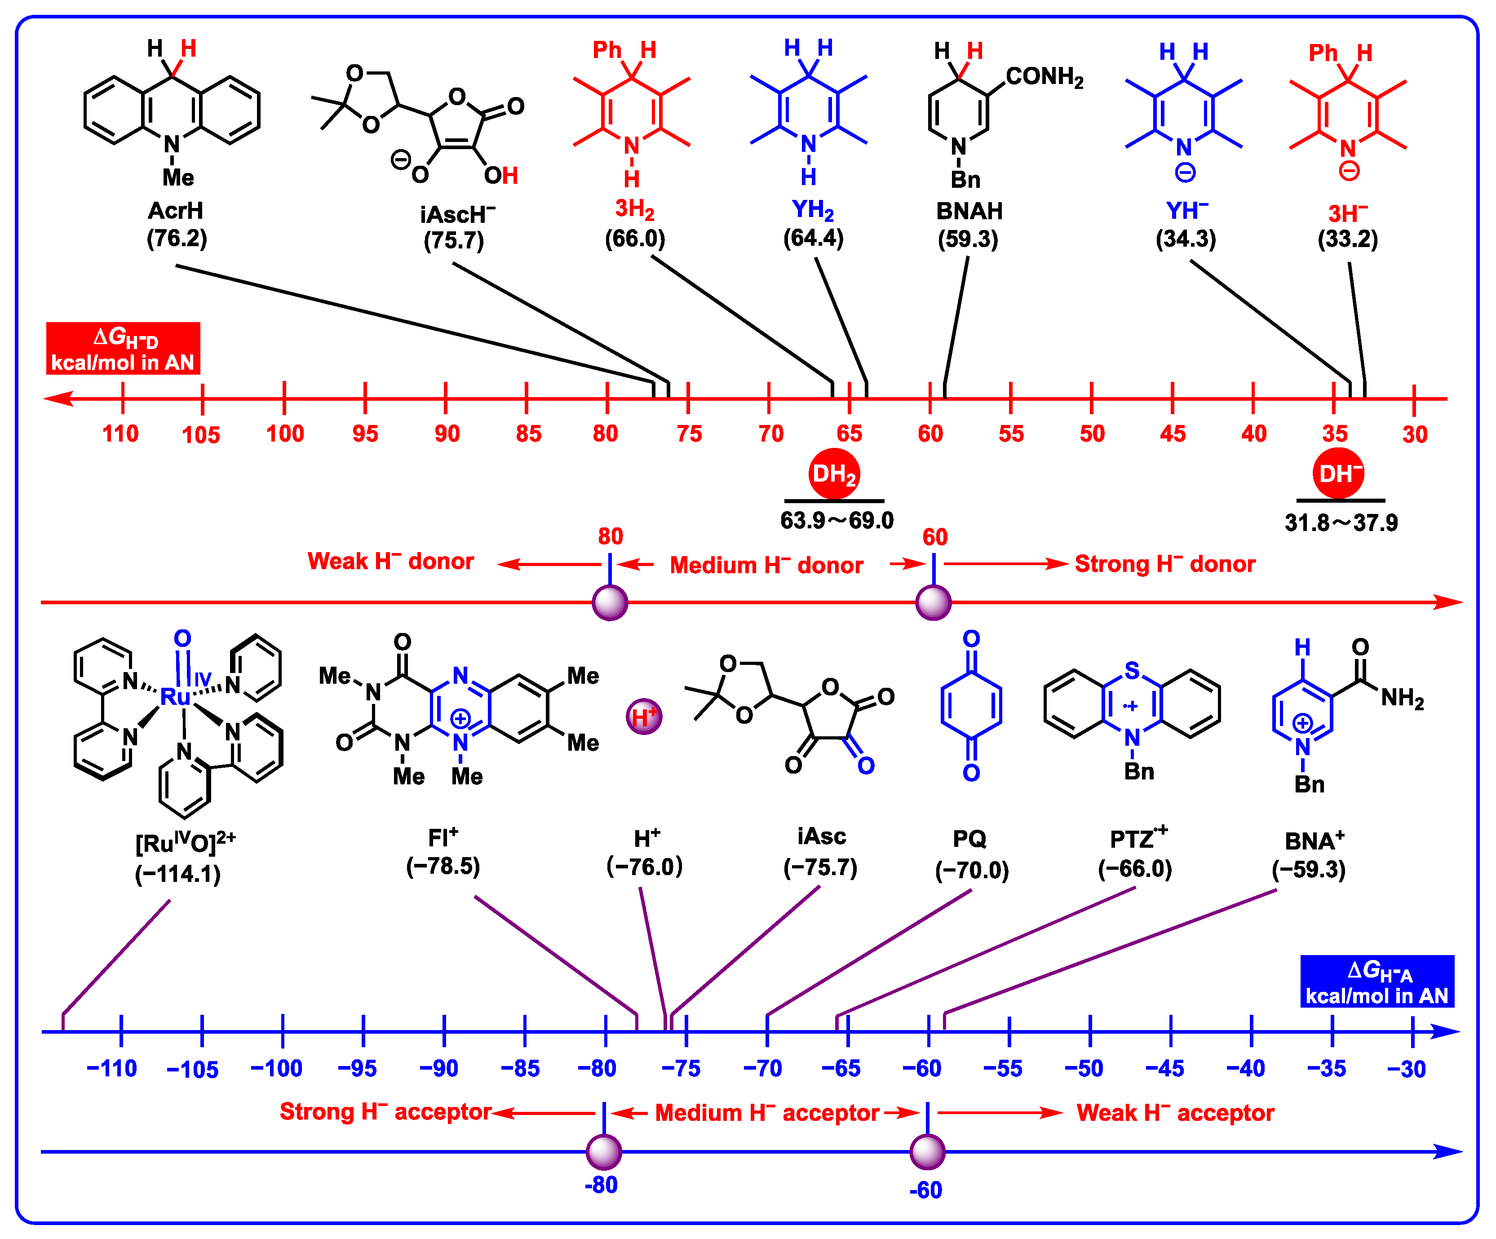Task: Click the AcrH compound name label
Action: click(x=175, y=211)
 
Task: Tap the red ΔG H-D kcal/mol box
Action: click(x=123, y=349)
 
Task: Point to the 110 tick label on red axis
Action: click(x=120, y=433)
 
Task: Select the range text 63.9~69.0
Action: click(x=837, y=521)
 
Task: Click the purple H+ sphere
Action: click(x=644, y=717)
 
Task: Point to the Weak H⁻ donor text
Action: click(x=390, y=562)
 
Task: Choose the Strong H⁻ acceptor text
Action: click(x=385, y=1112)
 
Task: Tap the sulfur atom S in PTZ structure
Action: click(x=1132, y=670)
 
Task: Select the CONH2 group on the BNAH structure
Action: click(x=1044, y=77)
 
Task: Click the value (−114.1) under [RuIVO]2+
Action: click(x=177, y=874)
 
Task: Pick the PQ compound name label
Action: click(x=969, y=839)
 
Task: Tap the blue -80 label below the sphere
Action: click(x=601, y=1185)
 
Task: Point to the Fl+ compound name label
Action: click(x=443, y=837)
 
